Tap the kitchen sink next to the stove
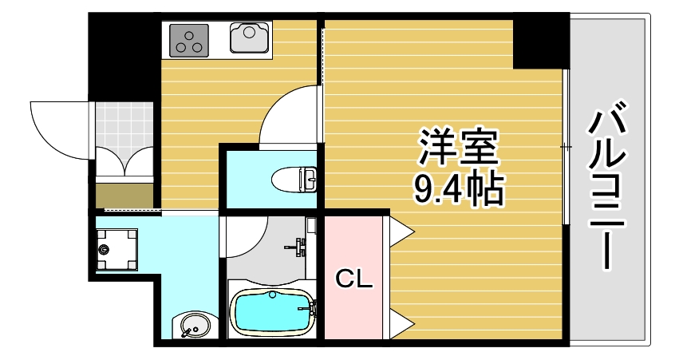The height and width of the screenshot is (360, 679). click(x=250, y=38)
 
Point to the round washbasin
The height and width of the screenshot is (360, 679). click(x=192, y=326)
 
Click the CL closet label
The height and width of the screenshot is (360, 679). click(x=353, y=279)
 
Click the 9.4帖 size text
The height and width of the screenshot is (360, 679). click(x=457, y=190)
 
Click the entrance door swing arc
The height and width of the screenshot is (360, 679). click(x=54, y=128)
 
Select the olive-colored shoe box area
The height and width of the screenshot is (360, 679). click(x=124, y=194)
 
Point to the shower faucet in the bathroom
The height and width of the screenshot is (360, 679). click(x=300, y=246)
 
